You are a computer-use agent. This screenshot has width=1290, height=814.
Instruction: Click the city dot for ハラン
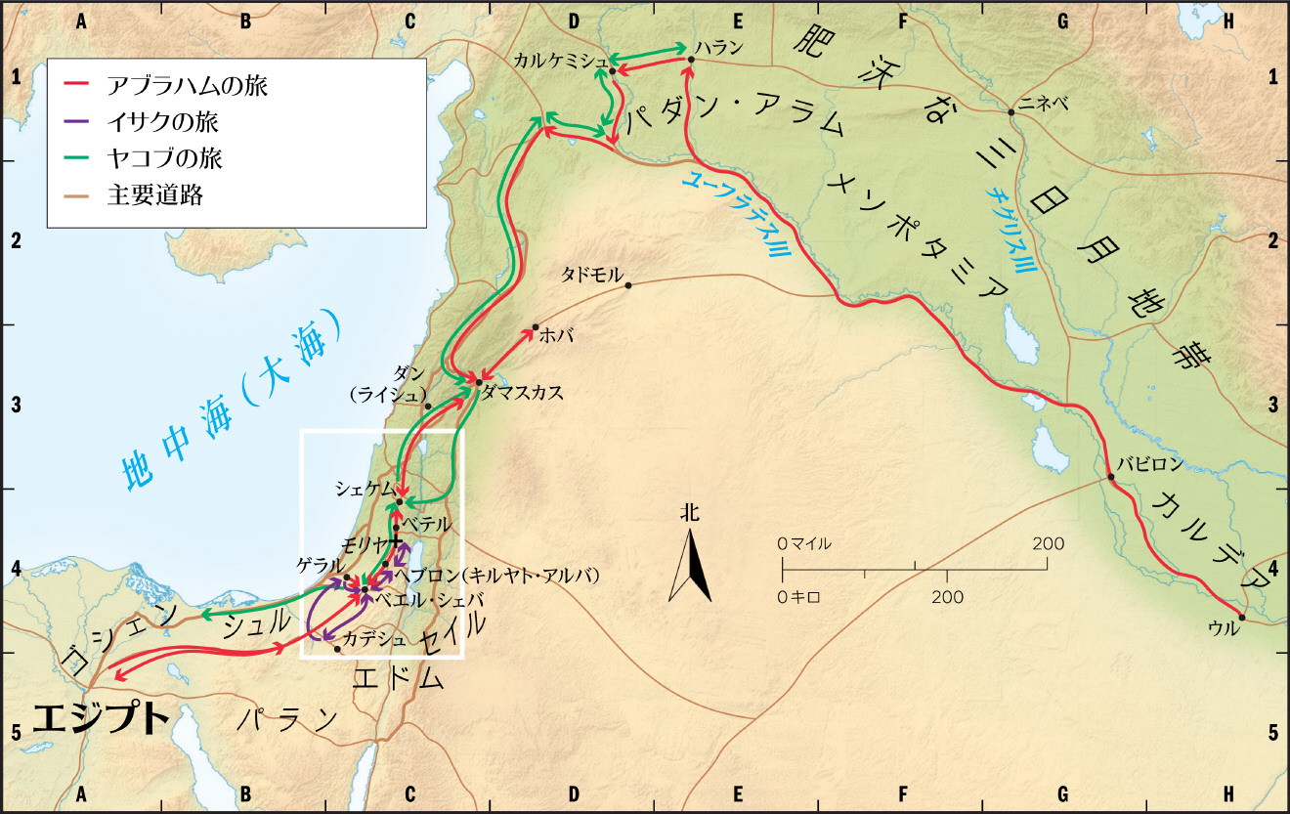[691, 60]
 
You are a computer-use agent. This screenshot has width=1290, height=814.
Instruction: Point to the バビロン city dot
[1111, 478]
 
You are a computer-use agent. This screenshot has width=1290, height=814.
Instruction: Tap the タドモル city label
[591, 275]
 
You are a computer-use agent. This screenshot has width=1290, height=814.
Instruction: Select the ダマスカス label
[523, 391]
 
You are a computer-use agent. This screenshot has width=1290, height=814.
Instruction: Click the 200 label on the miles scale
[1048, 543]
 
